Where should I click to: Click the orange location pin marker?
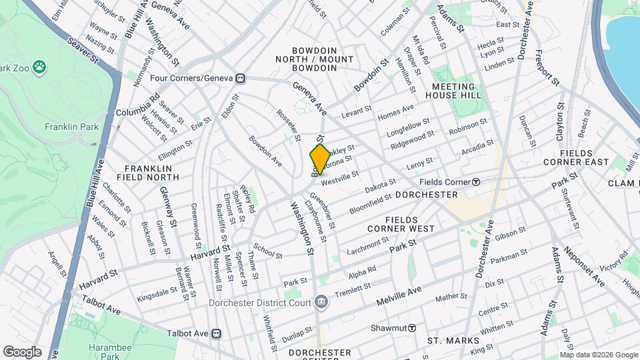tap(320, 159)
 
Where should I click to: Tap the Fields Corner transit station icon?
tap(477, 182)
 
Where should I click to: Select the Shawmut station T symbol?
tap(412, 328)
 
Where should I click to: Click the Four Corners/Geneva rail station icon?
tap(241, 78)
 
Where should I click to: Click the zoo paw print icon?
tap(40, 67)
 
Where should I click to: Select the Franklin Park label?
tap(71, 127)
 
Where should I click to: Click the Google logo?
tap(23, 352)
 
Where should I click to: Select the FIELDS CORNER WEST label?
tap(410, 224)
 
